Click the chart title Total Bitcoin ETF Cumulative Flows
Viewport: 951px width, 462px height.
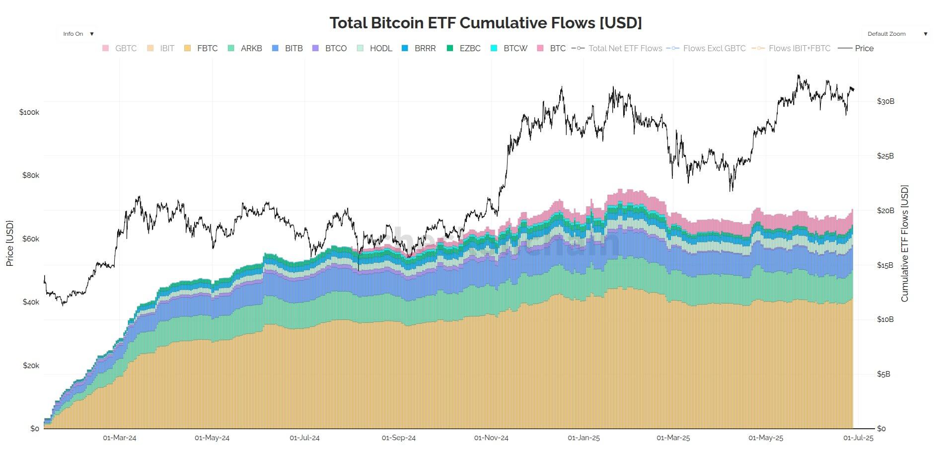[x=485, y=23]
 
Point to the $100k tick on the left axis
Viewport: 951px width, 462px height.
[x=29, y=112]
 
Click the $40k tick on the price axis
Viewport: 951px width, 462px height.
[x=31, y=302]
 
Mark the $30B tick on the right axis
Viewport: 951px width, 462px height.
[x=885, y=101]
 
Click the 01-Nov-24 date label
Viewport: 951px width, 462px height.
[x=491, y=438]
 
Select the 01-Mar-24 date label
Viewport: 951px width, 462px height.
[x=120, y=438]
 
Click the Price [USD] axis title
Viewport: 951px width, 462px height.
[x=9, y=243]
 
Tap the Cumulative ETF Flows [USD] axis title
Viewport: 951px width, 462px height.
[x=904, y=243]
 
